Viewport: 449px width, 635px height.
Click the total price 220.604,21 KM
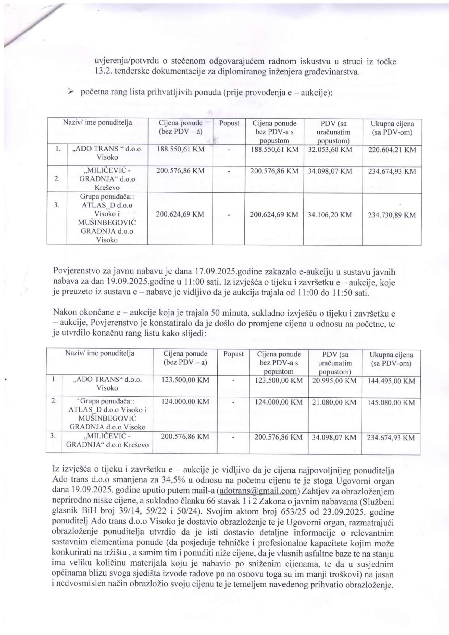tap(392, 150)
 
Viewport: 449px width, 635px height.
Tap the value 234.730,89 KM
tap(391, 215)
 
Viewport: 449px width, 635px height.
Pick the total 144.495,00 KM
tap(391, 381)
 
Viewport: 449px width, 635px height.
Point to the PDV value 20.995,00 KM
tap(334, 381)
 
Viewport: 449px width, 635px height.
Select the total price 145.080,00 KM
tap(391, 402)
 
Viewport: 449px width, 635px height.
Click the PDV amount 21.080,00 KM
tap(334, 402)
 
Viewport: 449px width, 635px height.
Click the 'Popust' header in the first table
tap(229, 123)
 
